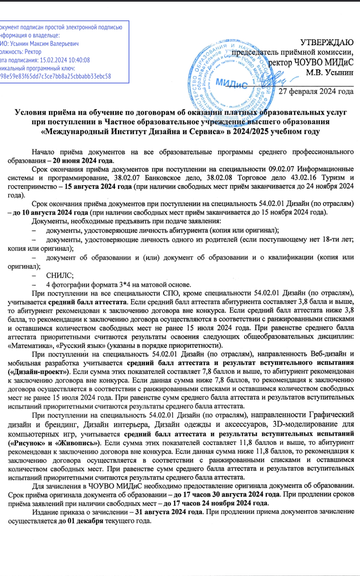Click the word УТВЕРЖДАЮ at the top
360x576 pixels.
click(x=327, y=42)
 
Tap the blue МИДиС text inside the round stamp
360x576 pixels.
click(x=231, y=83)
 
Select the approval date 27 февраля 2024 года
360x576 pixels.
click(x=316, y=92)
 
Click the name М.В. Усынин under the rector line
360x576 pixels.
click(x=330, y=72)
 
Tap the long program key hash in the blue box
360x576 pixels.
click(x=56, y=76)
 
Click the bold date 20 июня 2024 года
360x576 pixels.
click(x=83, y=161)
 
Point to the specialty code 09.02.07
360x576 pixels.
click(x=282, y=169)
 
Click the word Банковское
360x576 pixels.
click(x=162, y=178)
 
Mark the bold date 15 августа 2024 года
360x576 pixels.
click(x=98, y=187)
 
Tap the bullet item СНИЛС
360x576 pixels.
click(x=60, y=276)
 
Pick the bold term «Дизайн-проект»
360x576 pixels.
click(x=39, y=372)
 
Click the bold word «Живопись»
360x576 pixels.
click(x=78, y=443)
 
